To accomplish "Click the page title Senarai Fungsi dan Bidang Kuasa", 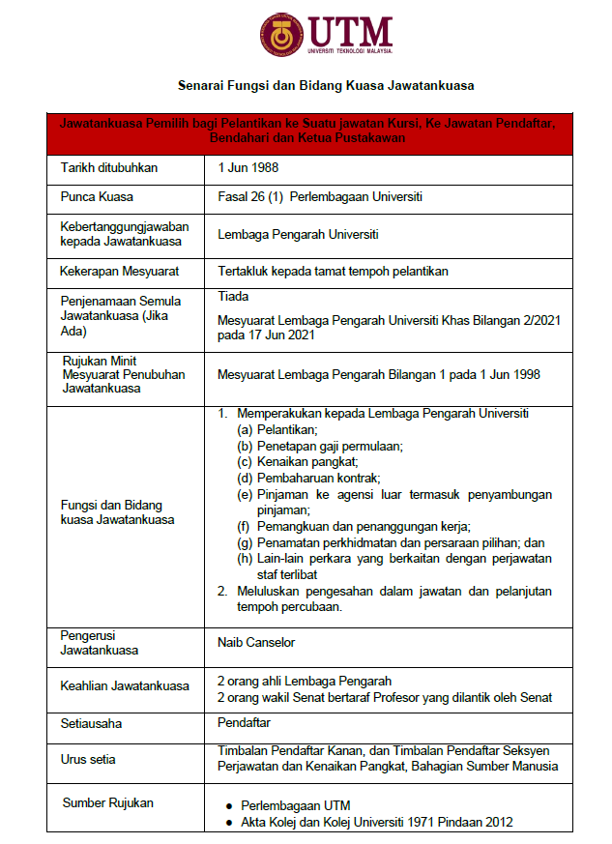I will coord(326,85).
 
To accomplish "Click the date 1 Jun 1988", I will coord(247,168).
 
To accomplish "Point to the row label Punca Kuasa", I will coord(97,197).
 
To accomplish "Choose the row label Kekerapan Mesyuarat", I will coord(120,272).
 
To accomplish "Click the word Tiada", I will coord(234,296).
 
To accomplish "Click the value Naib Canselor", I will coord(256,642).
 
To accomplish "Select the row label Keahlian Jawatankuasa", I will coord(124,685).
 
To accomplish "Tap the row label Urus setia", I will coord(88,759).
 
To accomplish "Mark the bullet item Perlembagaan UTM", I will coord(296,805).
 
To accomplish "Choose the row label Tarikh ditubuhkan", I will coord(108,168).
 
